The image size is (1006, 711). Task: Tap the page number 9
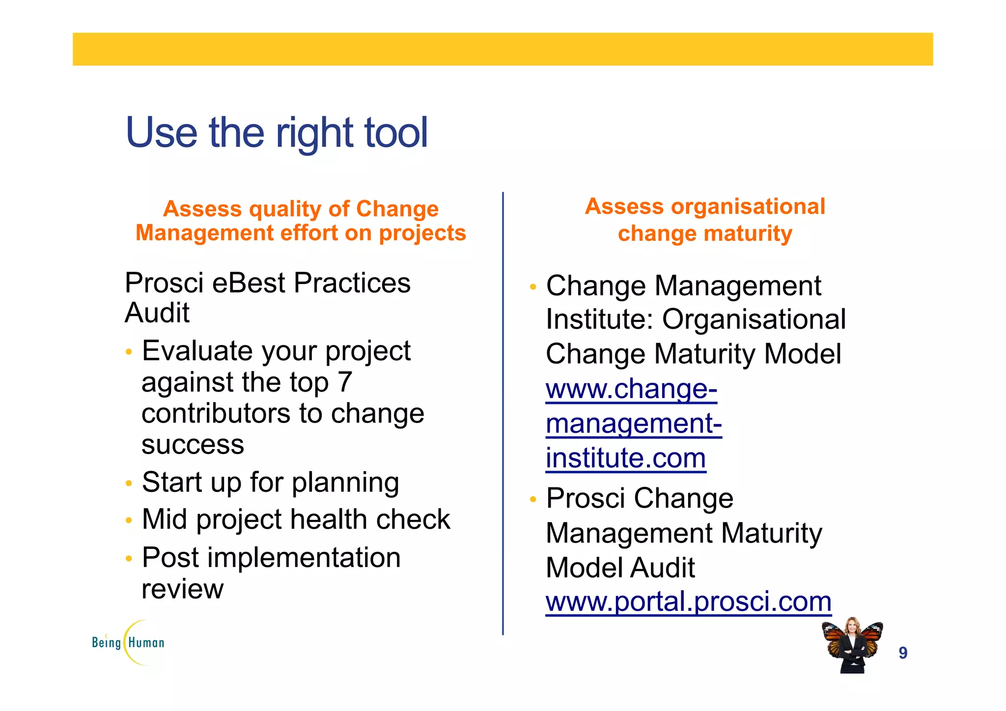pyautogui.click(x=903, y=653)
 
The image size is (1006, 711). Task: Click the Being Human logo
pyautogui.click(x=129, y=642)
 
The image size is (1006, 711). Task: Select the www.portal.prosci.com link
pyautogui.click(x=688, y=601)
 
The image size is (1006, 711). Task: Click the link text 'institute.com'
pyautogui.click(x=626, y=458)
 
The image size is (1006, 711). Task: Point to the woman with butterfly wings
pyautogui.click(x=853, y=645)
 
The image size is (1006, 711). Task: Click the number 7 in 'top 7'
pyautogui.click(x=345, y=382)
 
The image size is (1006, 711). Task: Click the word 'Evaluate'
pyautogui.click(x=201, y=351)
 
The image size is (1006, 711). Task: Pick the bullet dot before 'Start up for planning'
pyautogui.click(x=129, y=483)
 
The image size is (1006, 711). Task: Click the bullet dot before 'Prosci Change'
pyautogui.click(x=533, y=500)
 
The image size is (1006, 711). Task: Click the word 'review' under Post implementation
pyautogui.click(x=182, y=589)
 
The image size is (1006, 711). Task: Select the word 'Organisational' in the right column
pyautogui.click(x=754, y=319)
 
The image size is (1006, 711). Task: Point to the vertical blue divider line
pyautogui.click(x=503, y=413)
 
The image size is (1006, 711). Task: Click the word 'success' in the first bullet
pyautogui.click(x=193, y=445)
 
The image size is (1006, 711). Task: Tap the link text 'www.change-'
pyautogui.click(x=631, y=389)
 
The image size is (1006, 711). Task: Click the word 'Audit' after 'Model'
pyautogui.click(x=662, y=568)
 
